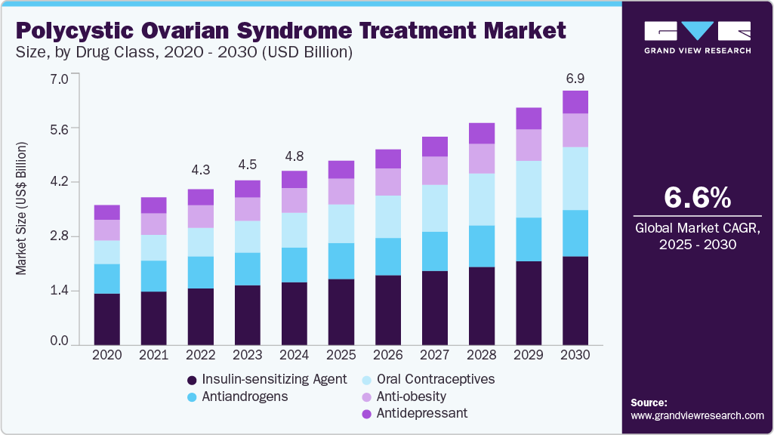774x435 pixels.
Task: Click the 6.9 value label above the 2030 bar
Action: [575, 79]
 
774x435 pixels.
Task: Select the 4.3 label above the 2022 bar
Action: [201, 171]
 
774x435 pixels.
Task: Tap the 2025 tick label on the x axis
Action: [341, 354]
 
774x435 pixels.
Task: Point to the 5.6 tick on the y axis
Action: [58, 129]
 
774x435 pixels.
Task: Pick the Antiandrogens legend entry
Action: [238, 396]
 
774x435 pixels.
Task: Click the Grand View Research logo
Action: [697, 37]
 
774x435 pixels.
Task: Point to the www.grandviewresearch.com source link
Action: [697, 415]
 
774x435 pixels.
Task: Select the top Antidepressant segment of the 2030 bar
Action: [575, 102]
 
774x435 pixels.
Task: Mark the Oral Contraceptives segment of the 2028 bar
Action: [482, 199]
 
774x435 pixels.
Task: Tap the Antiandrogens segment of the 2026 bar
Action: [388, 257]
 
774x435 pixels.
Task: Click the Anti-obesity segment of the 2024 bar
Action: [294, 200]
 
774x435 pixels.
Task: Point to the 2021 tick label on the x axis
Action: [154, 354]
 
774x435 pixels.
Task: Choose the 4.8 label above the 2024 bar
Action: [294, 157]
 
